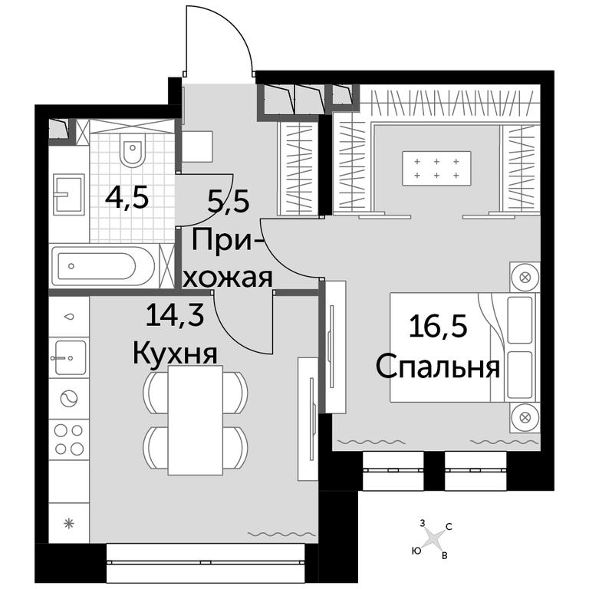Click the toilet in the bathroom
coord(133,150)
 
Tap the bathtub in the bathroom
coord(103,266)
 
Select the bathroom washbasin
coord(68,194)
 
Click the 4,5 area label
coord(127,199)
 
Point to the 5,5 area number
coord(229,202)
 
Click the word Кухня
coord(175,354)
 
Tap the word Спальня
coord(438,367)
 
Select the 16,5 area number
coord(438,326)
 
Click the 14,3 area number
coord(175,314)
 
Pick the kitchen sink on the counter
coord(69,357)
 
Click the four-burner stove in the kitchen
coord(69,439)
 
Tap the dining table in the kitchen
coord(196,420)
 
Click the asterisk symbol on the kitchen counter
coord(69,523)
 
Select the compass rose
coord(435,539)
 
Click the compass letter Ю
coord(416,551)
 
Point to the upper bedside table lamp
coord(524,278)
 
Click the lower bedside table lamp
coord(525,416)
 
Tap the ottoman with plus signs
coord(436,168)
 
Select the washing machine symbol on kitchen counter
coord(69,399)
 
